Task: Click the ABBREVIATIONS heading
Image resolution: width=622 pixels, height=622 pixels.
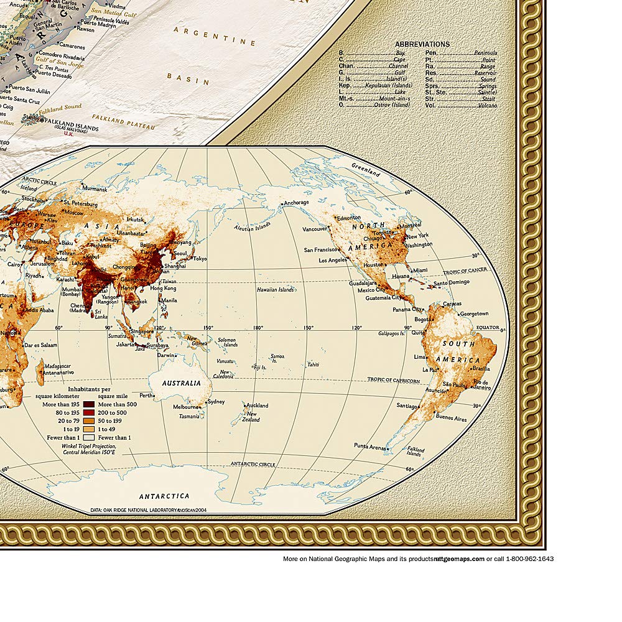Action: click(422, 44)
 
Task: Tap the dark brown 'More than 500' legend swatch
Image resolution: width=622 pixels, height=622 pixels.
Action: click(89, 404)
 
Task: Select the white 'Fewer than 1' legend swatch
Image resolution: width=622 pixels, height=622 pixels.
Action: click(89, 437)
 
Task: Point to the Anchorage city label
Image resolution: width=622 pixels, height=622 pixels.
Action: click(296, 203)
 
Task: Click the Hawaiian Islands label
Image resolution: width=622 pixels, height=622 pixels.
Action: click(276, 290)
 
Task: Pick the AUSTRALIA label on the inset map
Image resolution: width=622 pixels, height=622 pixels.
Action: click(182, 383)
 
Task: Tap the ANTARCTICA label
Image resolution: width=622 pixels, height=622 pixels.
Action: click(164, 496)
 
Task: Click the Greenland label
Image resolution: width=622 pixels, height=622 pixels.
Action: click(365, 170)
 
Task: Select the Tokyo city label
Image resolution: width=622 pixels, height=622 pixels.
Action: click(200, 259)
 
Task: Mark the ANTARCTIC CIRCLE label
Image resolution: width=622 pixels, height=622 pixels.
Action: click(253, 464)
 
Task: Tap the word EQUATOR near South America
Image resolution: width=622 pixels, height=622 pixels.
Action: click(488, 327)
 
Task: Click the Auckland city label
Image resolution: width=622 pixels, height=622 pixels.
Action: click(256, 406)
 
